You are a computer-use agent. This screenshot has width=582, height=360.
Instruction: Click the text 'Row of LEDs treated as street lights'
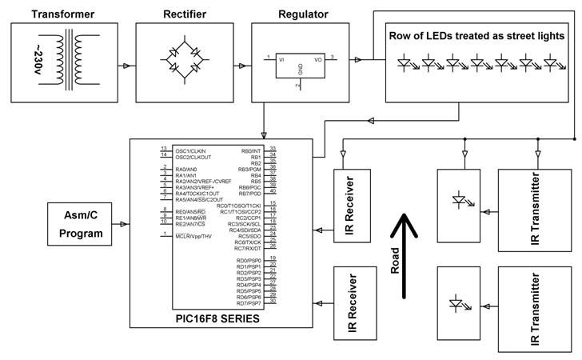[476, 36]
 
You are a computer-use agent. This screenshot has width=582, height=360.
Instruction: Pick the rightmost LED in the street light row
[551, 62]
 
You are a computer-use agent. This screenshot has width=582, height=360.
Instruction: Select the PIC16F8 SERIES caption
[217, 318]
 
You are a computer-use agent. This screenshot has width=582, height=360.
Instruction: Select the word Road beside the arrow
[394, 262]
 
